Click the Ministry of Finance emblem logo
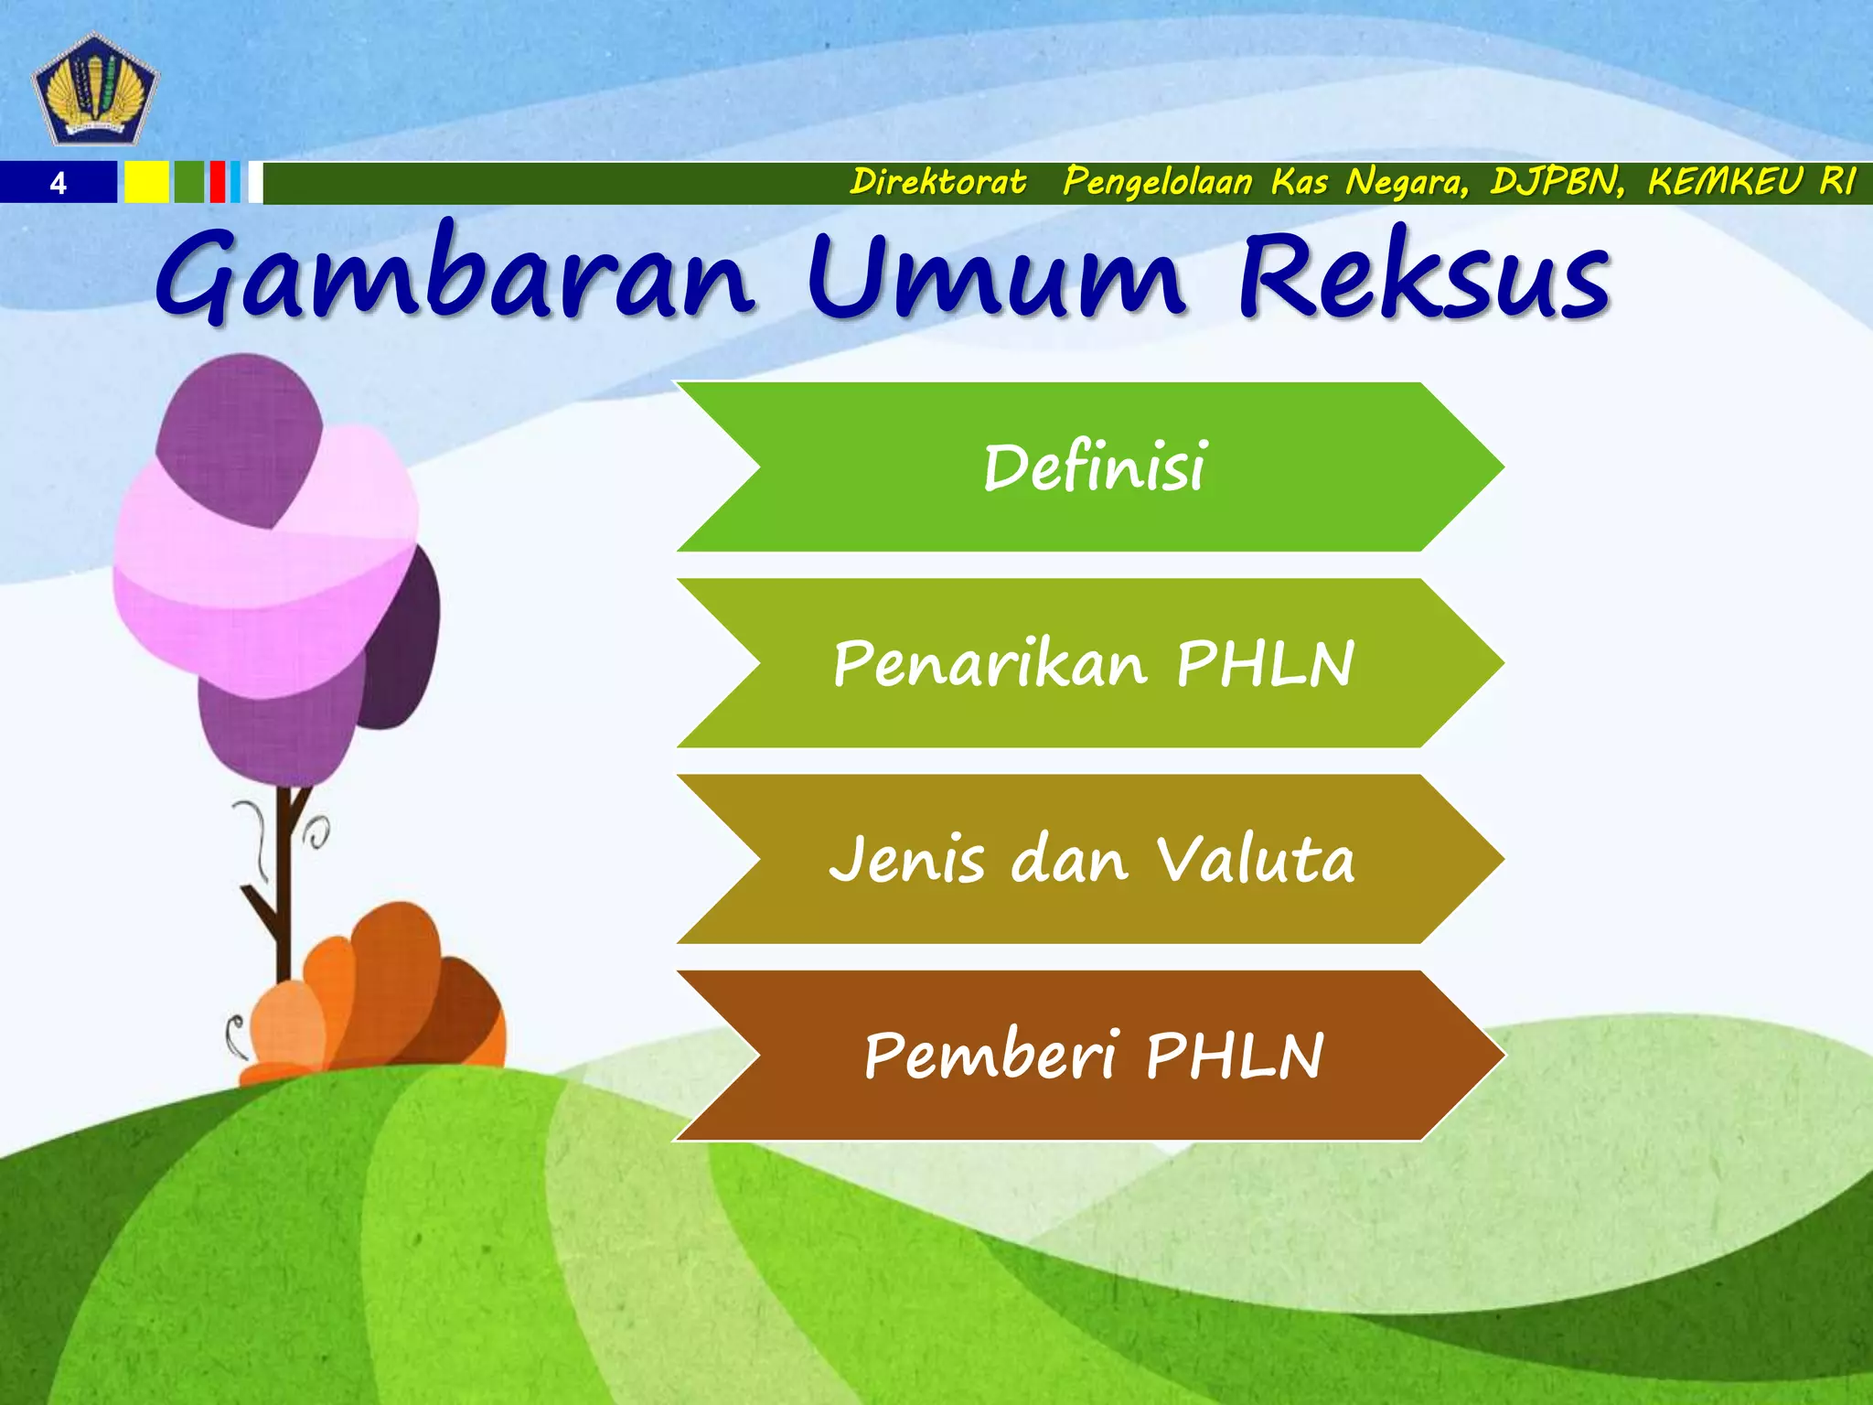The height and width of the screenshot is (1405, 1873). tap(95, 89)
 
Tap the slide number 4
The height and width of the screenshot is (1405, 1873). tap(58, 184)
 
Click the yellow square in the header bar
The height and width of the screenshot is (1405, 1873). tap(146, 182)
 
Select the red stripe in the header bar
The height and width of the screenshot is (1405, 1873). tap(217, 182)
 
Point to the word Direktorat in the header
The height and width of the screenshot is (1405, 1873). tap(937, 182)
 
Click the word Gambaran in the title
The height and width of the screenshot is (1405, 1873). tap(455, 275)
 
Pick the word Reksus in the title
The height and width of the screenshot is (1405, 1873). tap(1423, 275)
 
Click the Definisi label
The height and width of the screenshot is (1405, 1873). tap(1095, 467)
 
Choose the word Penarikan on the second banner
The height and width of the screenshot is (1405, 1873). tap(990, 664)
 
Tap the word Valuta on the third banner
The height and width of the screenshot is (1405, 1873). tap(1255, 860)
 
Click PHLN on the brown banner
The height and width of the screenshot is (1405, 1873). tap(1234, 1056)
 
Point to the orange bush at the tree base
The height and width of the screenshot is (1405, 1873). tap(384, 997)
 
